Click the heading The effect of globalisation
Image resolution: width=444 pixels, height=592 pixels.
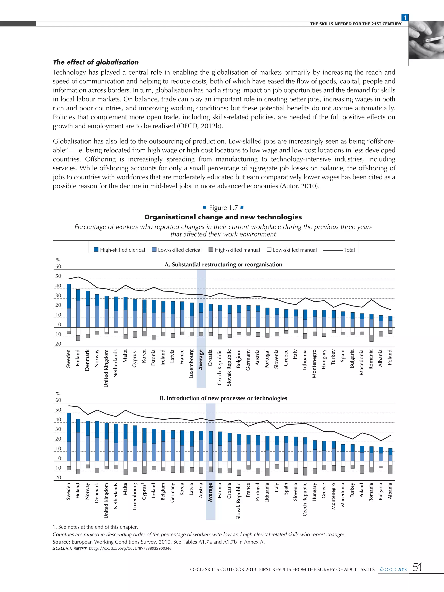click(96, 62)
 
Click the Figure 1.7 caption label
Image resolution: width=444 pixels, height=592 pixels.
click(223, 208)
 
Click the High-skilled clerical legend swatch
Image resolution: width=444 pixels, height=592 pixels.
click(96, 250)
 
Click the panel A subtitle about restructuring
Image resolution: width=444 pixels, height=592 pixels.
click(223, 264)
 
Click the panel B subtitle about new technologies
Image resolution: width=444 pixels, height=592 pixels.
click(223, 398)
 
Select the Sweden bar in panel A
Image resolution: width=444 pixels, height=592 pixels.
click(69, 305)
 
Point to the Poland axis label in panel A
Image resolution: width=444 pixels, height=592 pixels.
click(390, 357)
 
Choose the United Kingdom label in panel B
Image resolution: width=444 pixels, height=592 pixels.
click(106, 500)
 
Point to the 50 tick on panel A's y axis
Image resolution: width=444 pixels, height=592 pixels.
click(58, 276)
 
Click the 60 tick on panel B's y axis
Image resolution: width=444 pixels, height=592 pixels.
click(58, 400)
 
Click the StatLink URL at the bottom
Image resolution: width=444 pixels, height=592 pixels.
click(130, 548)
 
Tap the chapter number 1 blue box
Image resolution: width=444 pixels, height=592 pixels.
click(405, 18)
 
